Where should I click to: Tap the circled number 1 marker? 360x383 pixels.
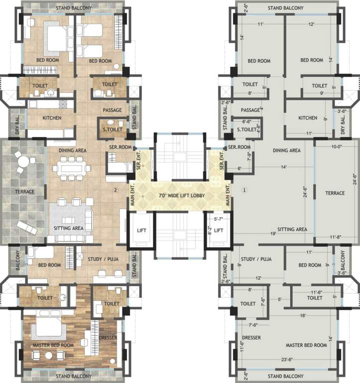244,190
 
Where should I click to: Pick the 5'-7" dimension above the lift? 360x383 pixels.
218,218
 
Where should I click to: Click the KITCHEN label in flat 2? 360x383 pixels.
52,118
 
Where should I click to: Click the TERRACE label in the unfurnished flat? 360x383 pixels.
335,193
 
